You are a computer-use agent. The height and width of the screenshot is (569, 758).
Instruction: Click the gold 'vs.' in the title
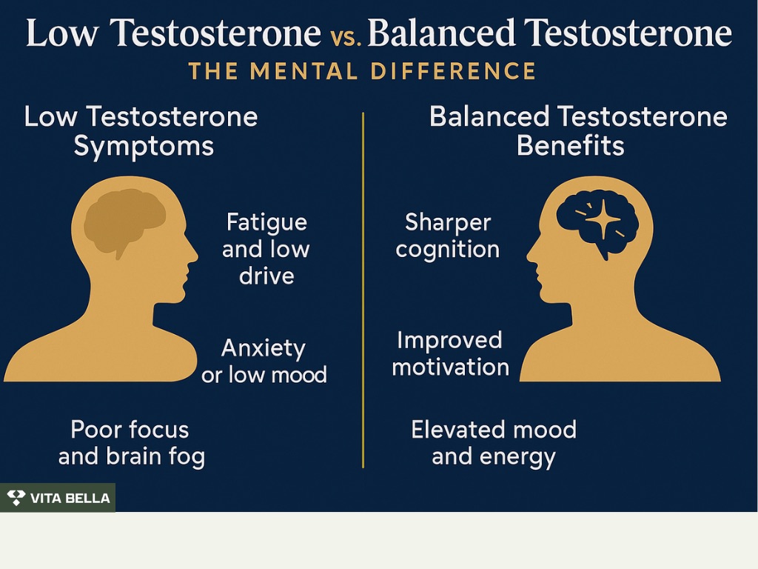(x=346, y=37)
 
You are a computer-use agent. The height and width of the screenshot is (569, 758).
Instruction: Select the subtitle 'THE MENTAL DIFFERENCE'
(x=362, y=71)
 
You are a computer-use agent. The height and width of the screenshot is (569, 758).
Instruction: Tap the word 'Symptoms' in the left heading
(x=144, y=147)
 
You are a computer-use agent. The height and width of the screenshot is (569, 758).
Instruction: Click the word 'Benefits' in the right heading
(x=571, y=146)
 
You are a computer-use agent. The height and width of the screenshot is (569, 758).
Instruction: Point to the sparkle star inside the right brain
(x=603, y=219)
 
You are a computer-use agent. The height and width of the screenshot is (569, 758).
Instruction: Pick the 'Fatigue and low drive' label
(x=266, y=249)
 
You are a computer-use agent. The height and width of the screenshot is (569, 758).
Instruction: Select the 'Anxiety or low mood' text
(x=264, y=362)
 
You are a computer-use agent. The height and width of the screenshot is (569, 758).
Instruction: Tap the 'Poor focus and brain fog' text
(x=132, y=443)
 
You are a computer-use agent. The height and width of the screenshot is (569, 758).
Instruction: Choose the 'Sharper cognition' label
(x=448, y=236)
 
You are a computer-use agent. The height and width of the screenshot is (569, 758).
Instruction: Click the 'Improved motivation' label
(x=450, y=353)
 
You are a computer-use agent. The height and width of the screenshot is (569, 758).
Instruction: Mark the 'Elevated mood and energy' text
(x=494, y=443)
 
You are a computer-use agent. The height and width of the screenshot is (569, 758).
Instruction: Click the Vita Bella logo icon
(x=16, y=498)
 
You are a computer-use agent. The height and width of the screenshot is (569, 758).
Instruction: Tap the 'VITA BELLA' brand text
(x=70, y=499)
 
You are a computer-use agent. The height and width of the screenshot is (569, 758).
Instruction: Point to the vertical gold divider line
(x=363, y=290)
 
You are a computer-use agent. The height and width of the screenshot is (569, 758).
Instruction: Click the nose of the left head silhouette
(x=195, y=255)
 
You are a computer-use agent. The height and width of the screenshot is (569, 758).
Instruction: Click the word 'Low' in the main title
(x=62, y=33)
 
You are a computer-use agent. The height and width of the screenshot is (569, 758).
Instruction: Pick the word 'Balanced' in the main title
(x=441, y=33)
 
